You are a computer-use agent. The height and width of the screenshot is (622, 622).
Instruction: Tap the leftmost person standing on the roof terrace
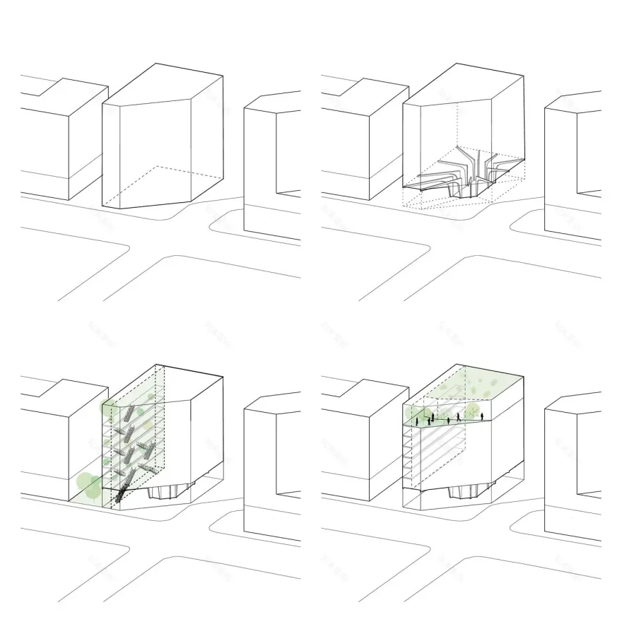pyautogui.click(x=417, y=422)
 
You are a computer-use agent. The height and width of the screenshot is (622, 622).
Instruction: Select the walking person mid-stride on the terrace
pyautogui.click(x=459, y=417)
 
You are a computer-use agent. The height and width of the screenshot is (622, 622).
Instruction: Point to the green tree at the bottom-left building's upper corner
pyautogui.click(x=107, y=408)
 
